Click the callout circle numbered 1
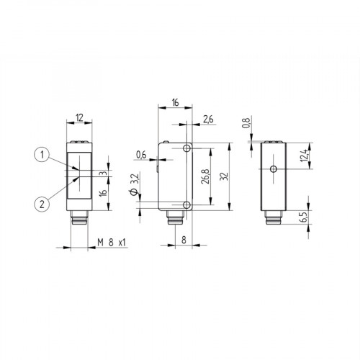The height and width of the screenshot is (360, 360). (42, 153)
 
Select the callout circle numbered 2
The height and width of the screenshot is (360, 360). (42, 204)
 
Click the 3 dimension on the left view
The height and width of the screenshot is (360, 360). (103, 174)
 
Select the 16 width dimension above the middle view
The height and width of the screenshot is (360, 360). (174, 104)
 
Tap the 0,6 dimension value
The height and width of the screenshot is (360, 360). (140, 153)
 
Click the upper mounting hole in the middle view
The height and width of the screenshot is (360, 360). (187, 148)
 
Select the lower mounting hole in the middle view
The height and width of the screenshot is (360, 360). (187, 206)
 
